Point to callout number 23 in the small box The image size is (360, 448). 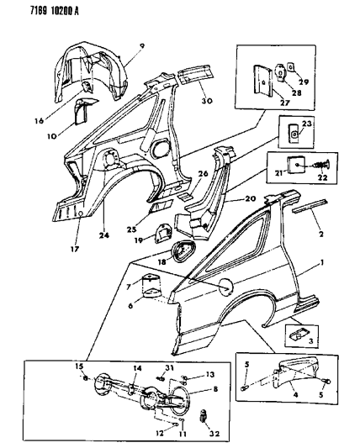coord(306,124)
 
